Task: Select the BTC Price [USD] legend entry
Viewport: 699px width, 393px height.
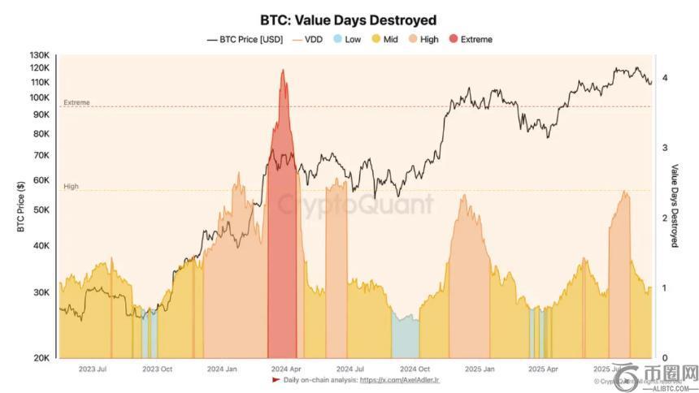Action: tap(245, 39)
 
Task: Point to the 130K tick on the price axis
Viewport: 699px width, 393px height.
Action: tap(40, 54)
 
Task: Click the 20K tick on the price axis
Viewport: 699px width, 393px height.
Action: tap(41, 358)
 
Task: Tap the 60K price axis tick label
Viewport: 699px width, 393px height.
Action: tap(41, 180)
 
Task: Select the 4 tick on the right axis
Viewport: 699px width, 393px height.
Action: tap(665, 78)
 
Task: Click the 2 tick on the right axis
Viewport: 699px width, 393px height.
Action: tap(665, 218)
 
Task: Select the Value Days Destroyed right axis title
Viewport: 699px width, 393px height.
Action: tap(675, 205)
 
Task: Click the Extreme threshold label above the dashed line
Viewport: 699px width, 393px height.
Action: tap(76, 103)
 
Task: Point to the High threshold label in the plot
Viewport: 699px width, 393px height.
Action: tap(71, 187)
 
